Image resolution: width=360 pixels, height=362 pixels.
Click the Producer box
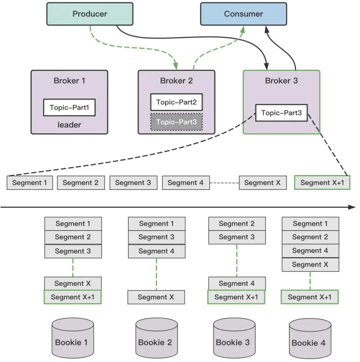pyautogui.click(x=90, y=14)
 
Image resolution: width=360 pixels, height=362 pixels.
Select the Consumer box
pyautogui.click(x=243, y=14)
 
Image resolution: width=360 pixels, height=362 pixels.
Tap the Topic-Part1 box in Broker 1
pyautogui.click(x=69, y=107)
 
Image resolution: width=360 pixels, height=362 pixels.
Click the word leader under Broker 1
pyautogui.click(x=69, y=125)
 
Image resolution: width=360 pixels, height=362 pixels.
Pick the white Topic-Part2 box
pyautogui.click(x=176, y=102)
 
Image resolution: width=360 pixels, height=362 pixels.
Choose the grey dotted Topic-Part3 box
pyautogui.click(x=176, y=122)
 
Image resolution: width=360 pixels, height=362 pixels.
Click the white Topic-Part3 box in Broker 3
pyautogui.click(x=281, y=113)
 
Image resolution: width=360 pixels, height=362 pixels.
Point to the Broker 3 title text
pyautogui.click(x=281, y=81)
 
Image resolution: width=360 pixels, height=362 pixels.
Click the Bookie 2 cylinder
pyautogui.click(x=156, y=339)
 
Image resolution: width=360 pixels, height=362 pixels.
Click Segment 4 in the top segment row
pyautogui.click(x=185, y=183)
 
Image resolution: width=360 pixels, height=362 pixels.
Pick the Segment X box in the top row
pyautogui.click(x=262, y=183)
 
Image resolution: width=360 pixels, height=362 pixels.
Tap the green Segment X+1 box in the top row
pyautogui.click(x=322, y=183)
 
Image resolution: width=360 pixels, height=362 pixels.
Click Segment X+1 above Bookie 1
pyautogui.click(x=72, y=297)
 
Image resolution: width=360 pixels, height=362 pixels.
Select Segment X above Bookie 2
pyautogui.click(x=156, y=297)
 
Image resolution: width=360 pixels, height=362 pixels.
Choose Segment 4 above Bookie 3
pyautogui.click(x=236, y=284)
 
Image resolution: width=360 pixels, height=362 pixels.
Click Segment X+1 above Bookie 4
pyautogui.click(x=310, y=297)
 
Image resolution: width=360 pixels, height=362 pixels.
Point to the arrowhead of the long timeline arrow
pyautogui.click(x=352, y=207)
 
